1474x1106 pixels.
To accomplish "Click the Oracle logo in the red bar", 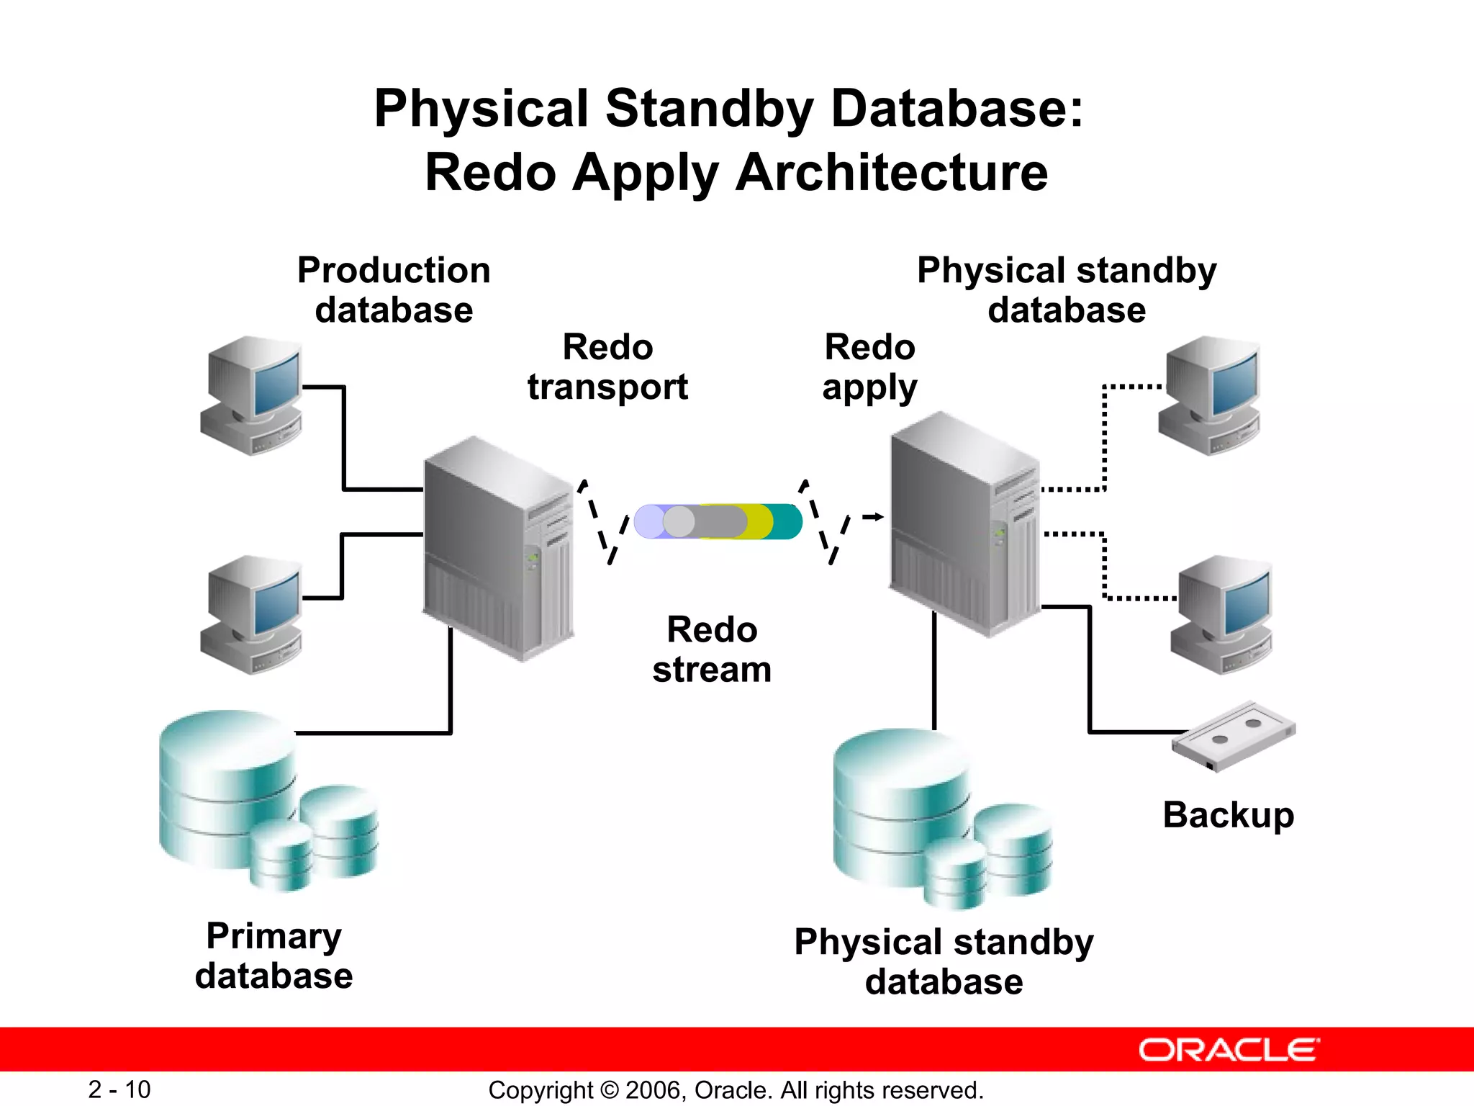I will (1229, 1050).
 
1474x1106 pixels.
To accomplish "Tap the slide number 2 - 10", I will (119, 1089).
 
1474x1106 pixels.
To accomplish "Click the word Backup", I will (1228, 815).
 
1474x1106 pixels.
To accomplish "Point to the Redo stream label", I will (712, 649).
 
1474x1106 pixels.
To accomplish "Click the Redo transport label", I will (607, 367).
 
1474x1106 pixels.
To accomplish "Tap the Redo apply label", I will (869, 367).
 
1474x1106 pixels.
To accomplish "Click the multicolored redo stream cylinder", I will (718, 521).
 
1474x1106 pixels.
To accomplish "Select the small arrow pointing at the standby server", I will (873, 516).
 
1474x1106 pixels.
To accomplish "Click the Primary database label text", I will (273, 956).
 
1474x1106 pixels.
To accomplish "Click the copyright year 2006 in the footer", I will (653, 1090).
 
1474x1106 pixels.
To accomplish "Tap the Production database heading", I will (394, 290).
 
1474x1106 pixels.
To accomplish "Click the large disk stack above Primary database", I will (227, 788).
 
